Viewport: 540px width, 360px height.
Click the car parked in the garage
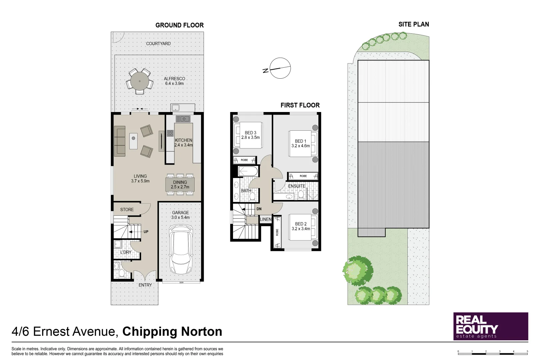pos(180,249)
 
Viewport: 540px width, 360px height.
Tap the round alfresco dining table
pos(140,81)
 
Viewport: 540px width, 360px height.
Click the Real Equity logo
pos(491,326)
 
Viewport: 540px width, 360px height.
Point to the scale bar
pos(493,352)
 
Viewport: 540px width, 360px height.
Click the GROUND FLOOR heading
pos(179,25)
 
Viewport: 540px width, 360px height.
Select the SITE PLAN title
pos(413,24)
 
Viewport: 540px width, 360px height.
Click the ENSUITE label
pos(297,186)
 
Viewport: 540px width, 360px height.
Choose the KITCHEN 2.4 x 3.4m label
pos(184,142)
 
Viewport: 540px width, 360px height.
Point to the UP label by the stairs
pos(146,232)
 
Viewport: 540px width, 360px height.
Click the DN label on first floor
pos(259,209)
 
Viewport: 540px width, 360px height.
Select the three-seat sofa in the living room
pos(119,141)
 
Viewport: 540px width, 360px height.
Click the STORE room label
pos(127,209)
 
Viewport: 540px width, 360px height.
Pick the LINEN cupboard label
pos(266,219)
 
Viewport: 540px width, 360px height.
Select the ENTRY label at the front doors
pos(145,285)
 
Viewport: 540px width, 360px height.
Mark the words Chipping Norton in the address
pos(172,332)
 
